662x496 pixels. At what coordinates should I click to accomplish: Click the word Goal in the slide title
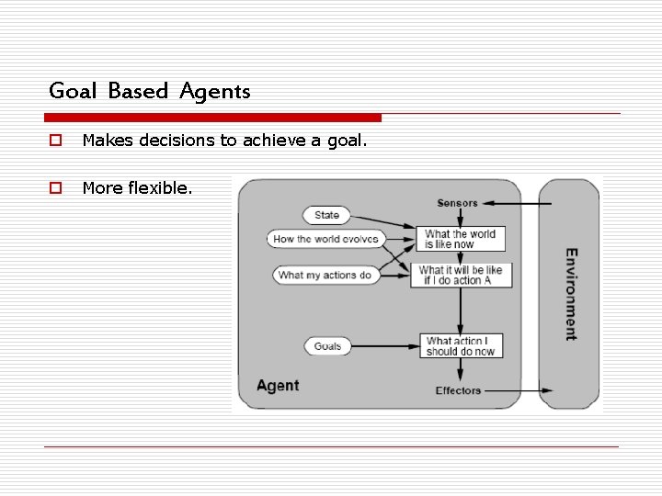coord(74,91)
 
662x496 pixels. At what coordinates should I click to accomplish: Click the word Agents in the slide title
coord(215,91)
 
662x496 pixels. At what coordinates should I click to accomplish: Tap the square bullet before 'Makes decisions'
coord(55,141)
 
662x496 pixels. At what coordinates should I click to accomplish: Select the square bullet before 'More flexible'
coord(55,188)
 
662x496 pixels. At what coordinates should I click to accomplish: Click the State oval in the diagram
coord(326,215)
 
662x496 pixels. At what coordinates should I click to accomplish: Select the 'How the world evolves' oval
coord(325,239)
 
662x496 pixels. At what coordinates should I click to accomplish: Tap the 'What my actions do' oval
coord(325,275)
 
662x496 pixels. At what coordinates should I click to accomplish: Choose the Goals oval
coord(327,346)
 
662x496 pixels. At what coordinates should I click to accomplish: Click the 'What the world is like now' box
coord(460,239)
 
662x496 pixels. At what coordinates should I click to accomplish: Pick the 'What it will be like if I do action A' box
coord(461,275)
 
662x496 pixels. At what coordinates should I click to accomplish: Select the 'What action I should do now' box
coord(460,345)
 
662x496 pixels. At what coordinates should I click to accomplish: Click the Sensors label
coord(457,203)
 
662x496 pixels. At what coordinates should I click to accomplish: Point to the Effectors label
coord(458,390)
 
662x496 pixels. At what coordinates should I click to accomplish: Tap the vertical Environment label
coord(571,294)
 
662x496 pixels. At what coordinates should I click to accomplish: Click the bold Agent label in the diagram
coord(278,385)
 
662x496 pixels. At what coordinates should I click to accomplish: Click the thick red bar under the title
coord(212,118)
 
